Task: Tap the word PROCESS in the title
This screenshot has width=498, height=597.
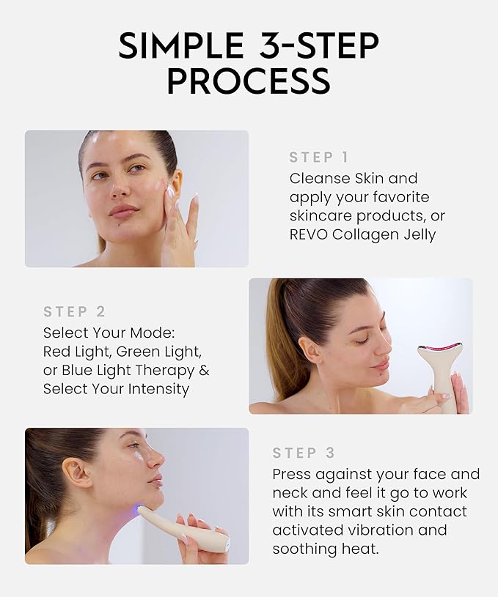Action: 248,82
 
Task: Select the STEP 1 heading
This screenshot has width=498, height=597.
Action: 319,157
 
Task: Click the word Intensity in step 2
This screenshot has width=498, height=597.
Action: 155,389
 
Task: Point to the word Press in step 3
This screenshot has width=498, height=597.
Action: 293,474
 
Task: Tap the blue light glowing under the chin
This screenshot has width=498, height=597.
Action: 139,508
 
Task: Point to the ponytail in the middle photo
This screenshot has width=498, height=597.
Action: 279,337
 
